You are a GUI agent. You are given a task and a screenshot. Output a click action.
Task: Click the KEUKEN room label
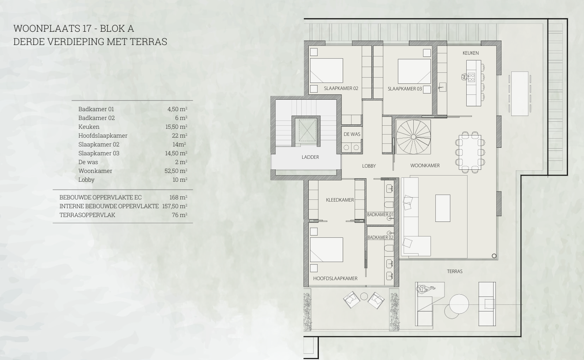(x=471, y=53)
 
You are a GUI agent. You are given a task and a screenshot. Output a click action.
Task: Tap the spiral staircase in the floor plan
(x=413, y=137)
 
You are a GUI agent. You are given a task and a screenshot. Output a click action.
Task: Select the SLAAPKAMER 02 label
(x=341, y=88)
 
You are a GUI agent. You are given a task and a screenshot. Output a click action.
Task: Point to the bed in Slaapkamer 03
(x=414, y=71)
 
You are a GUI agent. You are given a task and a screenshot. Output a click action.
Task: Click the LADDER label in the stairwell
(x=310, y=157)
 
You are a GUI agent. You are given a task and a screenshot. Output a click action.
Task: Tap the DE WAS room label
(x=352, y=134)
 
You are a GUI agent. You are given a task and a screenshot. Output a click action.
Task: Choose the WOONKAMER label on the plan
(x=425, y=165)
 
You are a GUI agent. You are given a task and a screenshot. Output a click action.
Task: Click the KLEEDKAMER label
(x=340, y=200)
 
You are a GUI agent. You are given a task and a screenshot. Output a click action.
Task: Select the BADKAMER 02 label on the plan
(x=380, y=237)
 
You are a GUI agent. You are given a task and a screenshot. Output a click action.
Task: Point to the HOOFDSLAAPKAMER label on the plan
(x=335, y=278)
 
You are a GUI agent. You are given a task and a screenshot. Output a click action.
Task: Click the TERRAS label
(x=455, y=271)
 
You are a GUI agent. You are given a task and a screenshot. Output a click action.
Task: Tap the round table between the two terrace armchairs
(x=364, y=296)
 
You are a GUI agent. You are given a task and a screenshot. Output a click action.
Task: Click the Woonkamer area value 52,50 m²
(x=176, y=171)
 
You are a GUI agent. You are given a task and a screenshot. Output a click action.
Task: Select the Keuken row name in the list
(x=89, y=127)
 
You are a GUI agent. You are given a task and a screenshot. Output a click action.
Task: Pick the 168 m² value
(x=178, y=197)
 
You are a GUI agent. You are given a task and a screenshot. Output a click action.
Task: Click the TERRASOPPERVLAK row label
(x=87, y=215)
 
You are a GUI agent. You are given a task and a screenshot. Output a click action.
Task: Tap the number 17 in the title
(x=87, y=28)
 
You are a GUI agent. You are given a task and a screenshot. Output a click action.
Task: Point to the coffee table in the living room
(x=443, y=208)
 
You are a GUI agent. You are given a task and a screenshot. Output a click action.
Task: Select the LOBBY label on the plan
(x=369, y=166)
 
